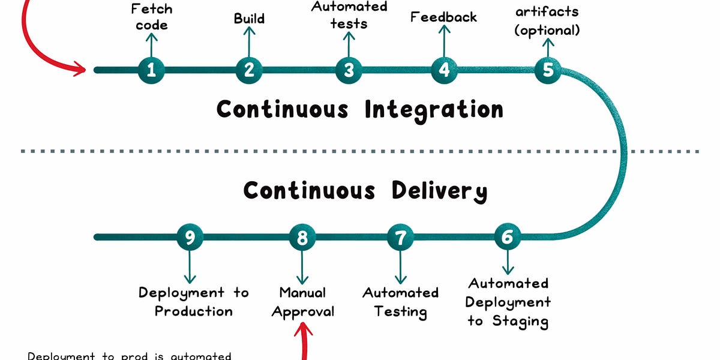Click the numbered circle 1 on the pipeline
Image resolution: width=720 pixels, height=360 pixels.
pyautogui.click(x=151, y=70)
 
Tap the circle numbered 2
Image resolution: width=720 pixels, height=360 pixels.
pyautogui.click(x=248, y=70)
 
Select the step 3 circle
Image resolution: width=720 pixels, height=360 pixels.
pyautogui.click(x=349, y=70)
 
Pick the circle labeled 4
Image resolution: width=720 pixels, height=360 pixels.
pyautogui.click(x=444, y=70)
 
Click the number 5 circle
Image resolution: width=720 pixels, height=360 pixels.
pyautogui.click(x=548, y=70)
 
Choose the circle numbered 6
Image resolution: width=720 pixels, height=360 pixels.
pyautogui.click(x=508, y=237)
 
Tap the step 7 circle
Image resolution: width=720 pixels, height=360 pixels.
pyautogui.click(x=400, y=237)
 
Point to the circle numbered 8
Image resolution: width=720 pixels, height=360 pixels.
pyautogui.click(x=302, y=237)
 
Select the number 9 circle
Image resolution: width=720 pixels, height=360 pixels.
pyautogui.click(x=190, y=237)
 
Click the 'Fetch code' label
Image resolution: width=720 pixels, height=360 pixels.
pyautogui.click(x=151, y=17)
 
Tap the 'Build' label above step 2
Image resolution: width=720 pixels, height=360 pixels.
pyautogui.click(x=249, y=19)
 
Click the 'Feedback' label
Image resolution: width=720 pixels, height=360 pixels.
pyautogui.click(x=443, y=17)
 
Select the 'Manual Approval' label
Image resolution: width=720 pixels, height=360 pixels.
pyautogui.click(x=302, y=302)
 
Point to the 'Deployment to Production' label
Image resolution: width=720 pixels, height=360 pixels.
pyautogui.click(x=193, y=302)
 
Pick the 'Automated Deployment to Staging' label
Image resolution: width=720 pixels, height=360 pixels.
pyautogui.click(x=508, y=302)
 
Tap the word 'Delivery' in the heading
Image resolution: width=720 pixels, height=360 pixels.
pyautogui.click(x=439, y=191)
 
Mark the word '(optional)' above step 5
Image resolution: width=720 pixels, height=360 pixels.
pyautogui.click(x=547, y=30)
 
